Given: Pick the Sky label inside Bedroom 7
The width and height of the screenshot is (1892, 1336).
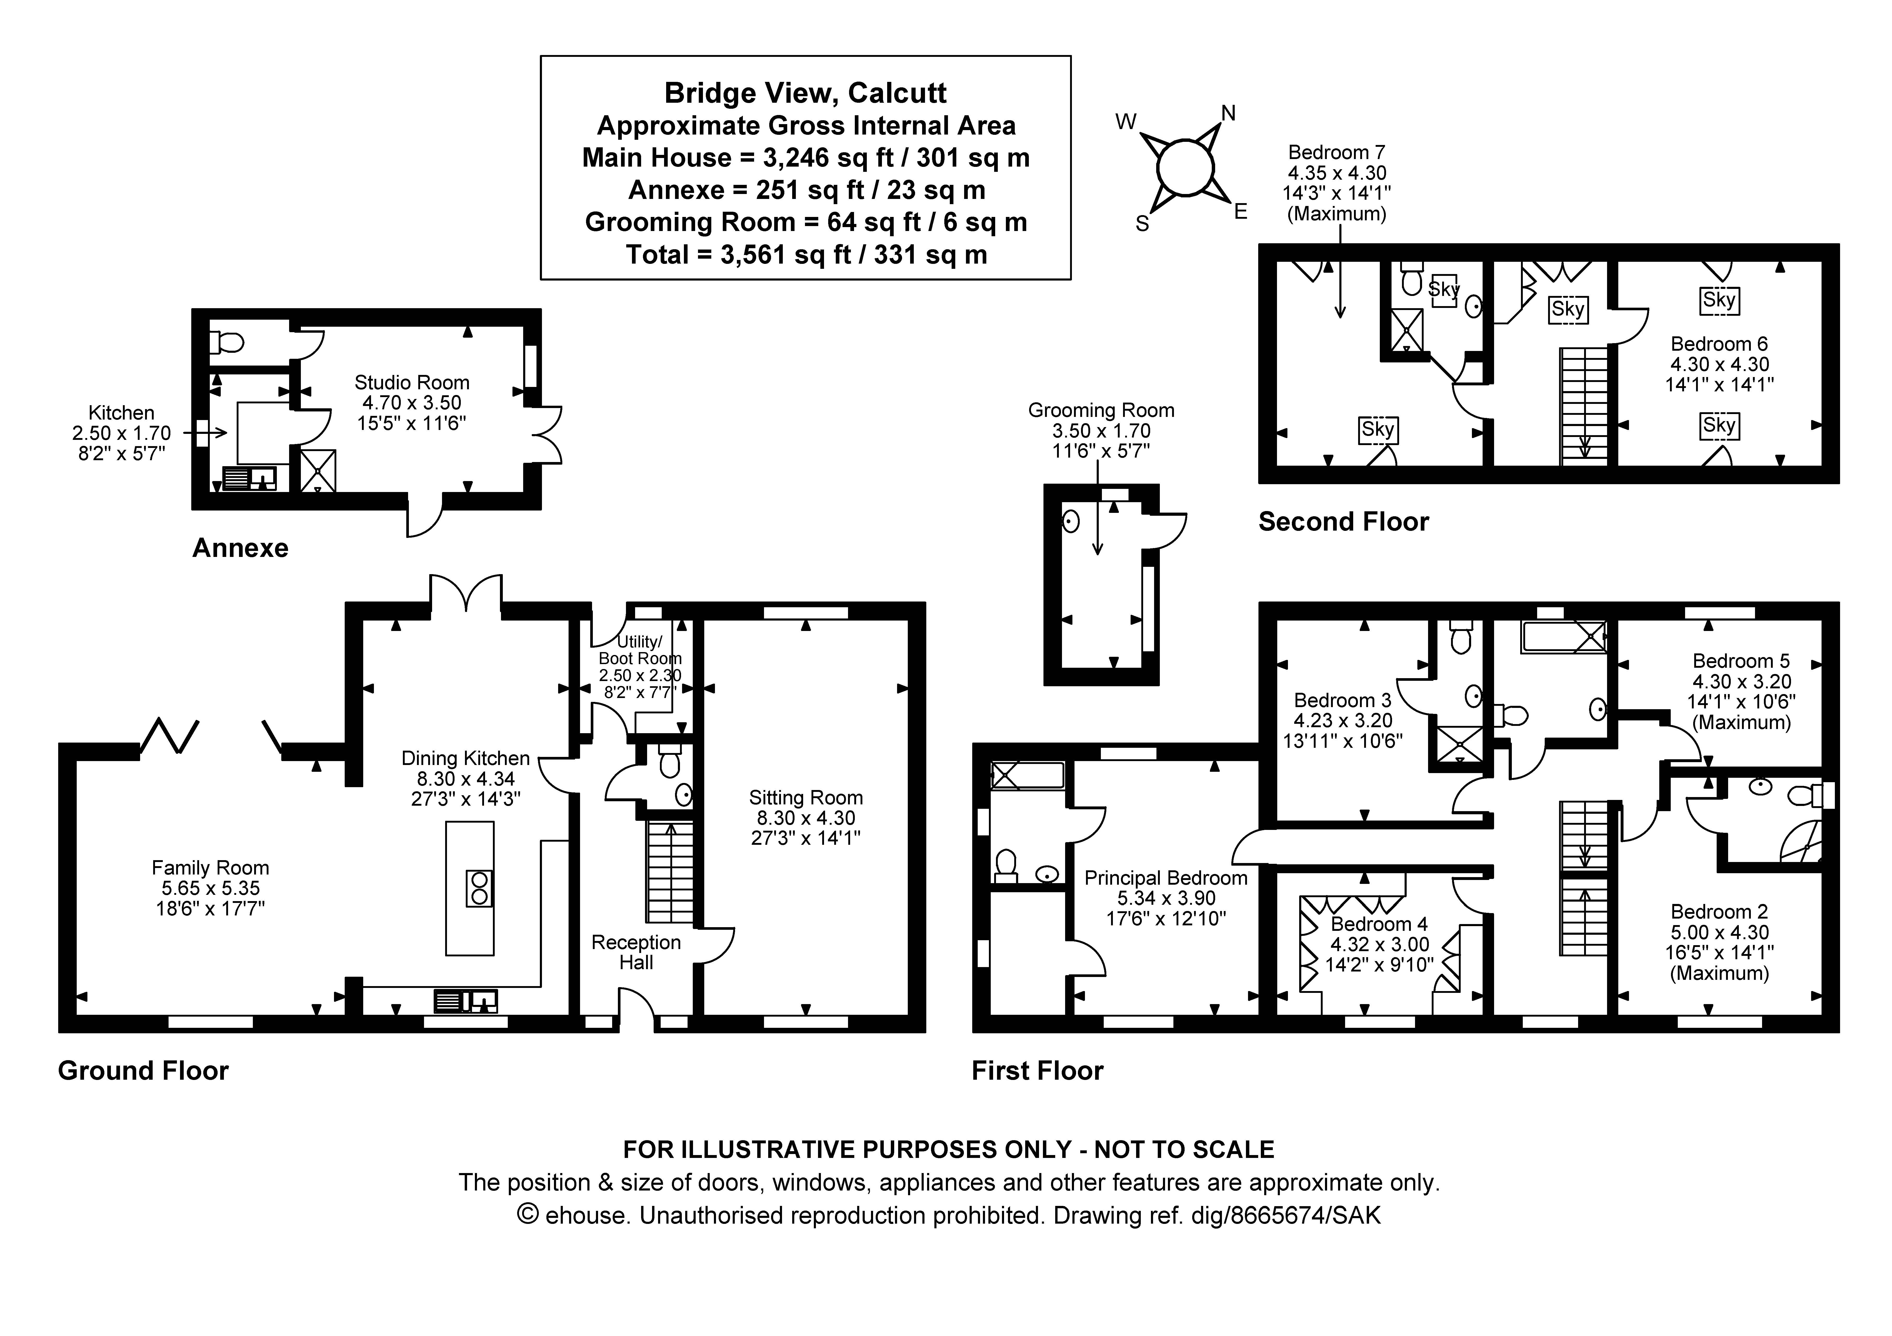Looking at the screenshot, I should tap(1378, 429).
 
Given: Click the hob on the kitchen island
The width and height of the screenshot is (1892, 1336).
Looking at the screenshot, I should tap(479, 888).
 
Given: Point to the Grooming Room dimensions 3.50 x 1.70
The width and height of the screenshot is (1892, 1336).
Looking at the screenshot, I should tap(1101, 431).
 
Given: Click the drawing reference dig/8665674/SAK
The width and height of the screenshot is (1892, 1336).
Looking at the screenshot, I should tap(1286, 1216).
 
